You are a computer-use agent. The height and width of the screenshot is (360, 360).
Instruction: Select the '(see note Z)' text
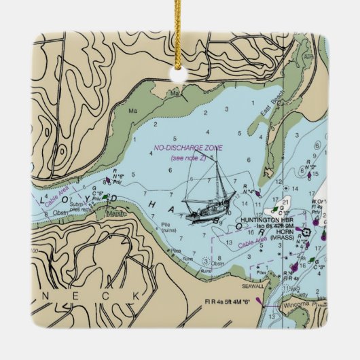point(188,158)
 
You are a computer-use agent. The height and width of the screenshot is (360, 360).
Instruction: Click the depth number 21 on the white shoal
point(286,202)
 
